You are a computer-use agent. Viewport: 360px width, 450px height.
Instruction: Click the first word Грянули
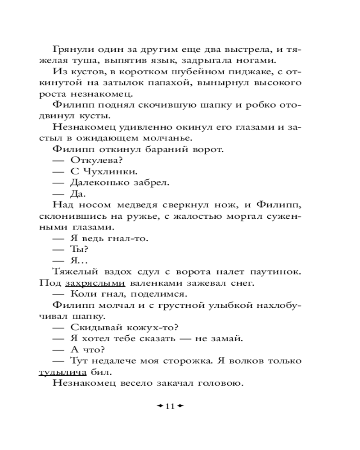pyautogui.click(x=72, y=49)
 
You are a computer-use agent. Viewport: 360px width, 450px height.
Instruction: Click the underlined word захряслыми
pyautogui.click(x=95, y=283)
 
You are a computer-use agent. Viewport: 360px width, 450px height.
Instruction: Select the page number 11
pyautogui.click(x=170, y=406)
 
